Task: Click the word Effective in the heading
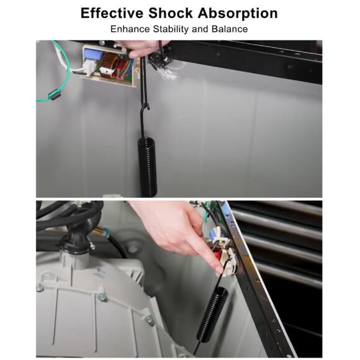112,13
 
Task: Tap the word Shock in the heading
171,13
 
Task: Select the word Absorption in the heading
238,14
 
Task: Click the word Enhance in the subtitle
130,29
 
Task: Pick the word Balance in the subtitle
230,29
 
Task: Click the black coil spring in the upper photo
147,167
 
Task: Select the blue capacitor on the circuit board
93,55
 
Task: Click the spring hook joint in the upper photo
145,107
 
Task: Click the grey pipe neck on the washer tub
73,259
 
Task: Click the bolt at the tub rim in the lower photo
102,297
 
